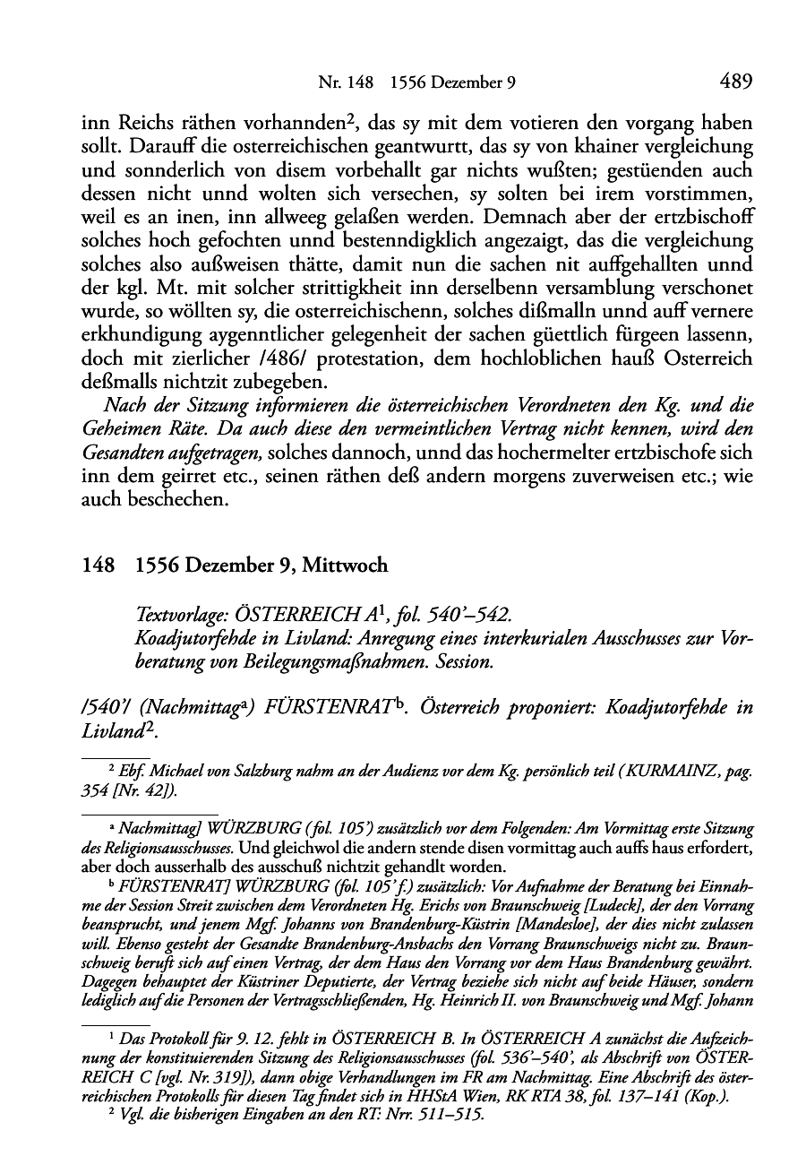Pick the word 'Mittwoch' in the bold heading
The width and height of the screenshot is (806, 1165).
(345, 565)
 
